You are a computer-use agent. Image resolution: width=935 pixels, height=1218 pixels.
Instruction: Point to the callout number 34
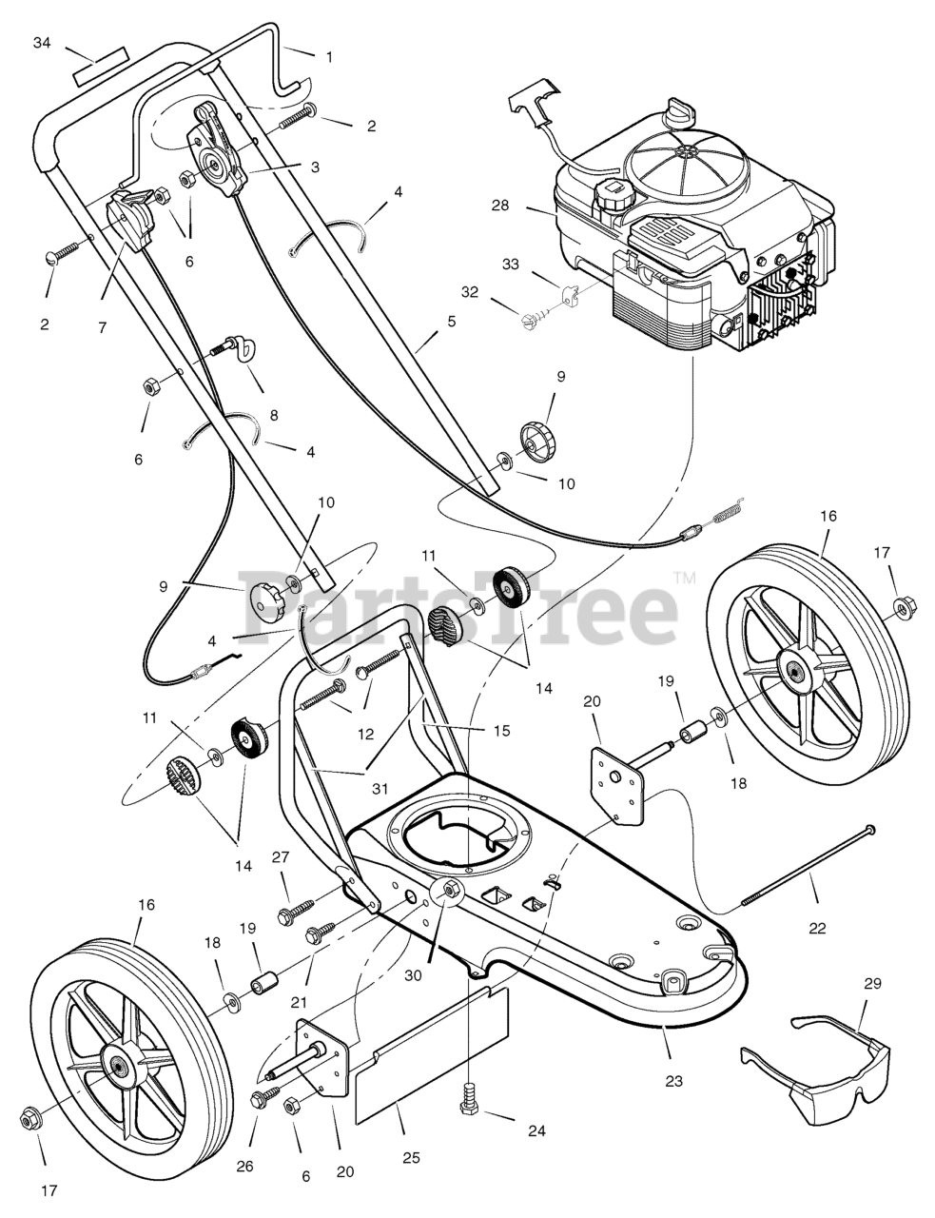coord(41,43)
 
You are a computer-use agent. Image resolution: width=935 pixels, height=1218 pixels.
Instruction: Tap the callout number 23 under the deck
coord(674,1081)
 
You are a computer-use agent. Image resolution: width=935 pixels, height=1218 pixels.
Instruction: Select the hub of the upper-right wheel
coord(791,671)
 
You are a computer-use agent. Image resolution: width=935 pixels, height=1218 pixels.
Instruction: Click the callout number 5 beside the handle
coord(452,322)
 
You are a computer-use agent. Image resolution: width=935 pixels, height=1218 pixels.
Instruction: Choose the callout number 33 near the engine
coord(511,265)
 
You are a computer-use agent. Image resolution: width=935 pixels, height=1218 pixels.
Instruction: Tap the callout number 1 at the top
coord(329,57)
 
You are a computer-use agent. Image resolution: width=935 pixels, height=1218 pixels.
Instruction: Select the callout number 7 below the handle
coord(102,327)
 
